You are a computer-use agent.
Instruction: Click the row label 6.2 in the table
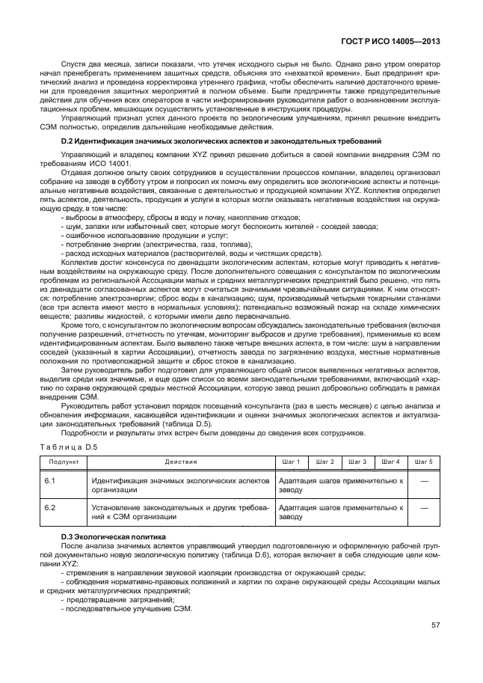(51, 507)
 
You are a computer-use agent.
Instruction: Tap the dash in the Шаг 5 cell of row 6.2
(423, 508)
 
